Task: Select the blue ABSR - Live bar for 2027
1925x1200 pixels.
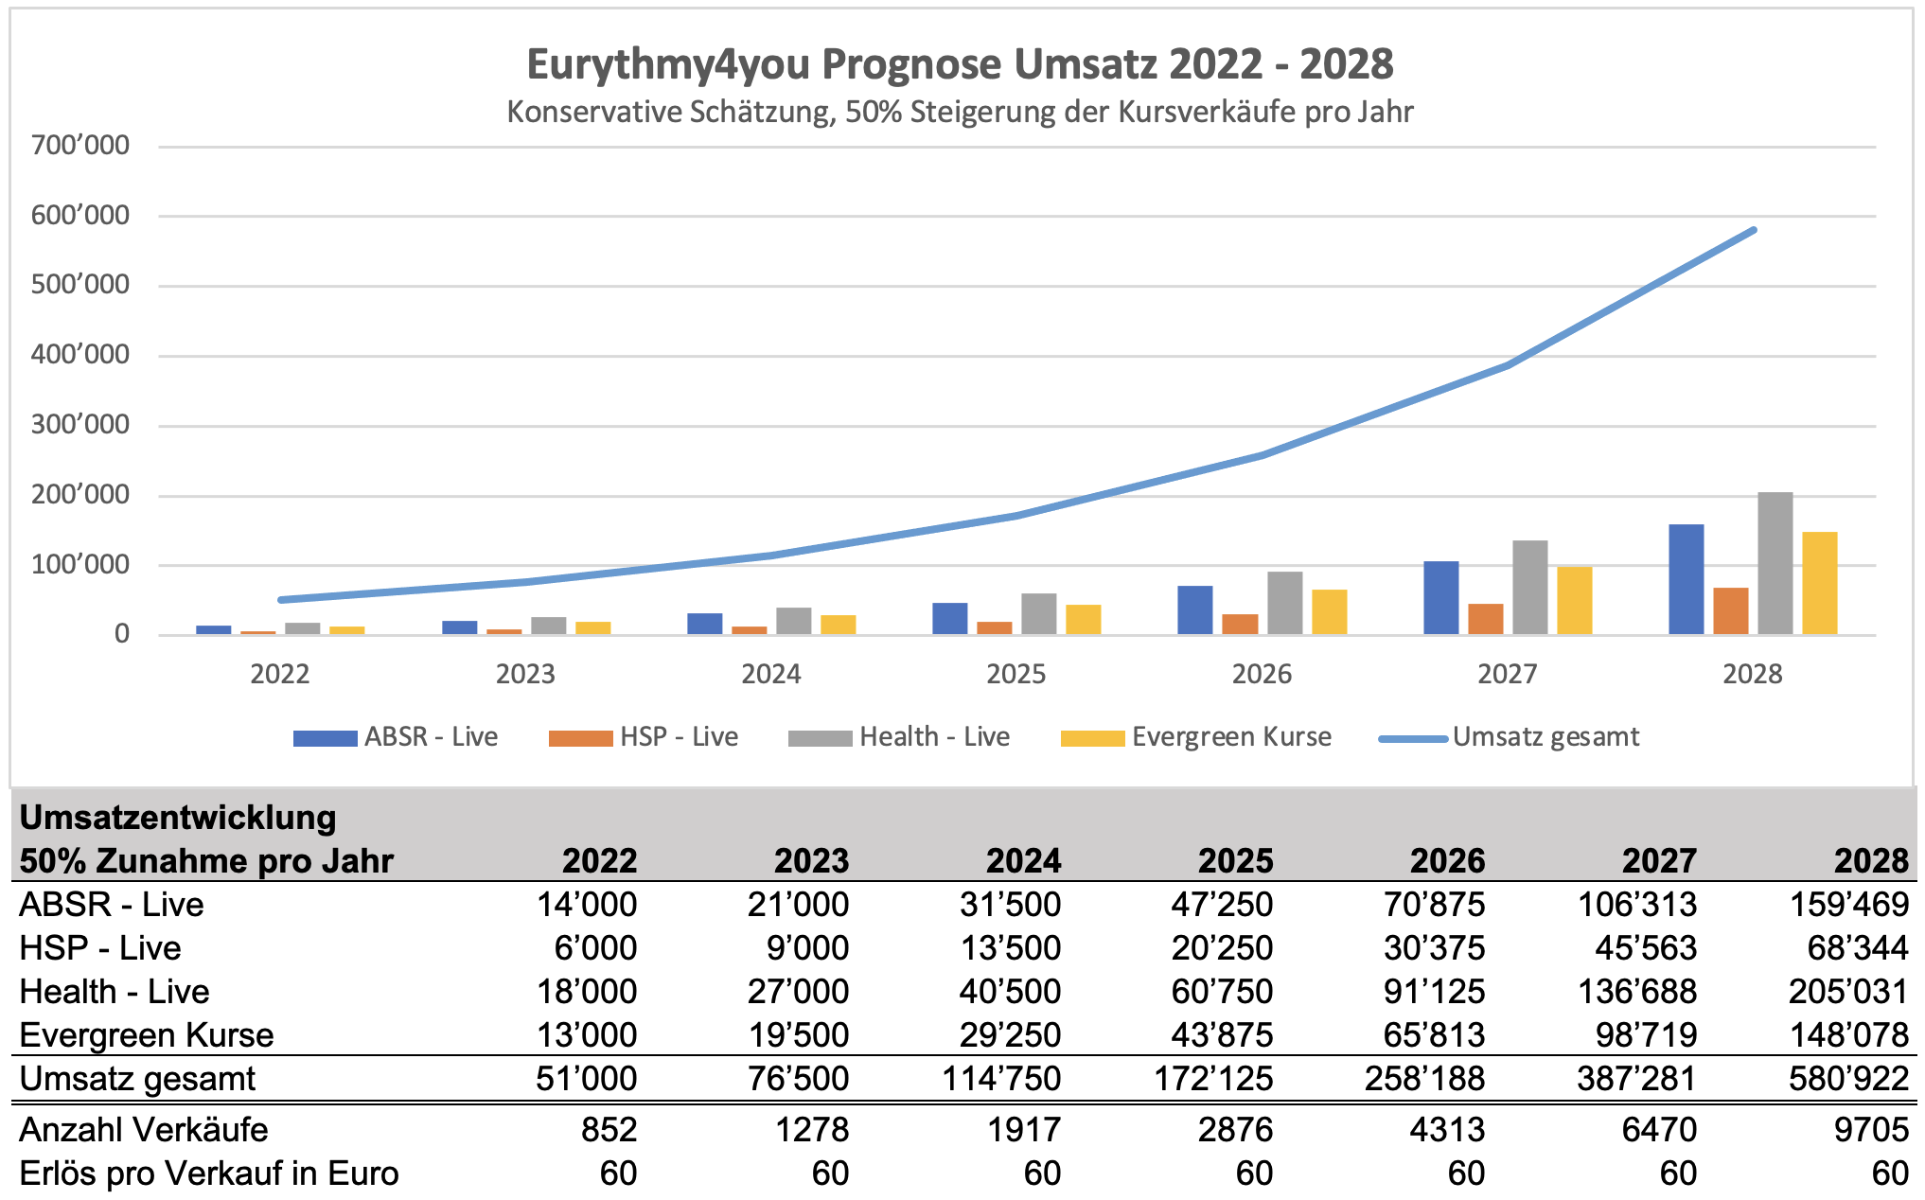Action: point(1440,598)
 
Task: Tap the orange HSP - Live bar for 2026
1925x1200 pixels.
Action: point(1240,625)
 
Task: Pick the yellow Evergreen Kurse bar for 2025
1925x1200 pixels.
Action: point(1083,620)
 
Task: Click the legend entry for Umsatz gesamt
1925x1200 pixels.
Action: point(1510,737)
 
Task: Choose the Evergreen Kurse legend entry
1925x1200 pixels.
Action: point(1196,737)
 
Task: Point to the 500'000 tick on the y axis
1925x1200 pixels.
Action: point(80,285)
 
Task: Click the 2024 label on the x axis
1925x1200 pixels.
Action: point(770,675)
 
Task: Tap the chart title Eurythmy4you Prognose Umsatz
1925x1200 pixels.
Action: point(960,64)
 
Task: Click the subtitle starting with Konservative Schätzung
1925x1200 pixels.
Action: point(960,112)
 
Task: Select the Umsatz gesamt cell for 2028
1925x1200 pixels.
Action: point(1848,1079)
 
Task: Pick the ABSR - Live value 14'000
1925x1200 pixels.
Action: point(587,905)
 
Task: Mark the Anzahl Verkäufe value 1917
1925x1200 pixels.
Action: point(1025,1130)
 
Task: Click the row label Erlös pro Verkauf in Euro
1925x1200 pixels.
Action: point(209,1174)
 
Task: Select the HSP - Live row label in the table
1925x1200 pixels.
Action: point(100,948)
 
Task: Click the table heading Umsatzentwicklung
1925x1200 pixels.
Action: point(178,818)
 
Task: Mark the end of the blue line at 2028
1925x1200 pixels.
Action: point(1754,230)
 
